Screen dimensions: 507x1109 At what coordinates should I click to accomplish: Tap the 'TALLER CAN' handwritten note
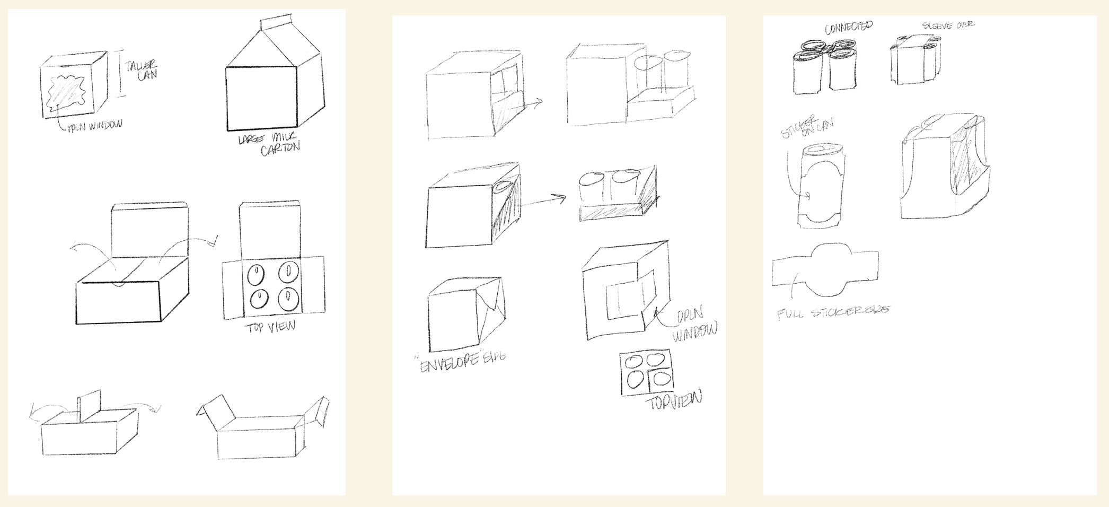tap(141, 70)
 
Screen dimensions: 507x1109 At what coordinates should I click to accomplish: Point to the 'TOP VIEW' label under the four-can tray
tap(270, 327)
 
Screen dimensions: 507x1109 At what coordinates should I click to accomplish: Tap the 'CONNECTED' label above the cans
tap(848, 27)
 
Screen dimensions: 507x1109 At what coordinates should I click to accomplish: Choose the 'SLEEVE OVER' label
tap(948, 25)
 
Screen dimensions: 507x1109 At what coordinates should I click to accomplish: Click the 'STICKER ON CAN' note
tap(807, 129)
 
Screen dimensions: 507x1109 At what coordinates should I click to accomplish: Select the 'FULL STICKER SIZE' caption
tap(833, 312)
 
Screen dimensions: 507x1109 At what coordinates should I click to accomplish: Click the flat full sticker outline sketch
tap(825, 269)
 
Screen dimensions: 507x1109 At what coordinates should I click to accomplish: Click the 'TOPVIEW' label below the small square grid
tap(673, 400)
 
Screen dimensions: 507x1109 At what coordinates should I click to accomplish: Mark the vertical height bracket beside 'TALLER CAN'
tap(120, 73)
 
